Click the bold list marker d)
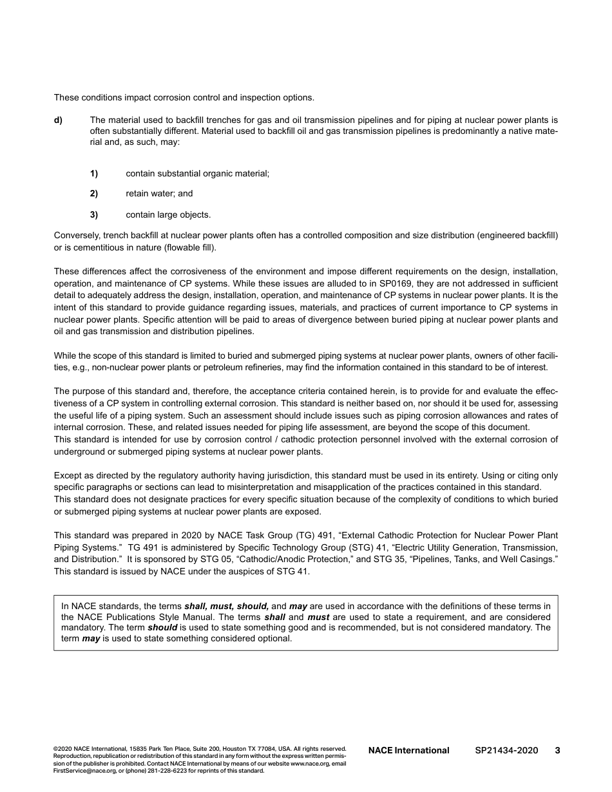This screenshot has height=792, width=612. [x=58, y=120]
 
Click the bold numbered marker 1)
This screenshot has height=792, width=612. [x=94, y=173]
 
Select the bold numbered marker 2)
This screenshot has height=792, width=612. [x=94, y=193]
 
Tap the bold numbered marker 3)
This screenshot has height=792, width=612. [x=94, y=215]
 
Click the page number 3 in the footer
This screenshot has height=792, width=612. [x=557, y=750]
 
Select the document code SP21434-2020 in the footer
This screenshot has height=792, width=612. [x=506, y=750]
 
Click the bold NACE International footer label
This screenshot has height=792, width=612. [x=408, y=750]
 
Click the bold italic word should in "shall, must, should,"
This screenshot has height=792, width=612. [x=253, y=606]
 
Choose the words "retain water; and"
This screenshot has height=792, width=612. [x=159, y=193]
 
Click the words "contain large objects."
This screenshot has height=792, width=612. [x=168, y=215]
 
